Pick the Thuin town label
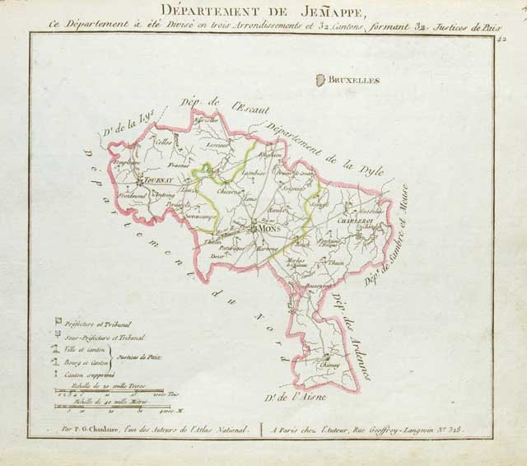[x=336, y=262]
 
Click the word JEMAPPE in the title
[x=308, y=11]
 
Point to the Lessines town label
[x=218, y=145]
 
